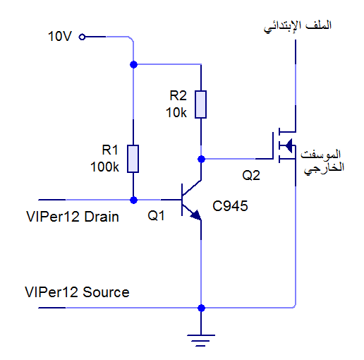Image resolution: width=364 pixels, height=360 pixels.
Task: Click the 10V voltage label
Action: coord(60,37)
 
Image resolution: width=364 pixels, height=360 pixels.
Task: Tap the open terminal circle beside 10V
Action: coord(82,37)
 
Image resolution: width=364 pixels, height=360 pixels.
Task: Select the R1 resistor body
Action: coord(133,159)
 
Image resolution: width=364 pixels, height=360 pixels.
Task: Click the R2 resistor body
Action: coord(200,104)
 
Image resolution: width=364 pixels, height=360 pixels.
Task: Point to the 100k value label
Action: coord(104,167)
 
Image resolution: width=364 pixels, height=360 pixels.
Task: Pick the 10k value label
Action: coord(176,113)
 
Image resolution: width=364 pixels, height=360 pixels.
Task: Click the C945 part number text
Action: coord(230,206)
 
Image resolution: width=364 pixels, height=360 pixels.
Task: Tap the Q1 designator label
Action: coord(156,215)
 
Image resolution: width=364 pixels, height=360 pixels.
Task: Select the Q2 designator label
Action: coord(251,175)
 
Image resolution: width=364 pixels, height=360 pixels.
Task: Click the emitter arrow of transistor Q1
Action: coord(195,215)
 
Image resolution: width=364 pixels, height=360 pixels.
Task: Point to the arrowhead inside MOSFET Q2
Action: coord(289,146)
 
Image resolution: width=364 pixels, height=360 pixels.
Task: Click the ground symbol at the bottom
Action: coord(201,340)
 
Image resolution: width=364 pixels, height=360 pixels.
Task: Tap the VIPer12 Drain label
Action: coord(73,217)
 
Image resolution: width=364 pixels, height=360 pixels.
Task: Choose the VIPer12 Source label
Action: coord(77,292)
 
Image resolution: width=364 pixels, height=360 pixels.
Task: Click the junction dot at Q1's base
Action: coord(133,200)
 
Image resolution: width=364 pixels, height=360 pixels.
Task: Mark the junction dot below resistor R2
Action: coord(201,159)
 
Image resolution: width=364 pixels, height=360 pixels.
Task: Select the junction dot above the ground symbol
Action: coord(201,308)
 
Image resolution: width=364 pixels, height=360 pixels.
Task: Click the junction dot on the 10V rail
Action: coord(133,64)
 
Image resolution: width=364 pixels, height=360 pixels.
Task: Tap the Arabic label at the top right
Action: coord(298,26)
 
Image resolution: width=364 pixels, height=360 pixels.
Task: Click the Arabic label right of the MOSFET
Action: coord(322,162)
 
